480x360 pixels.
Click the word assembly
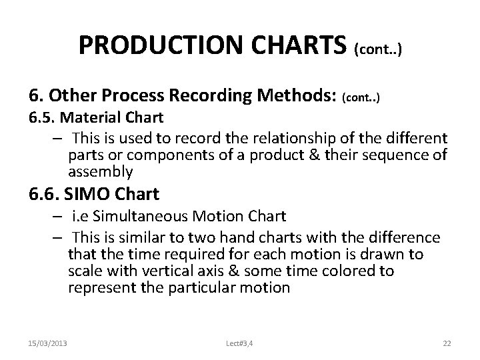(100, 172)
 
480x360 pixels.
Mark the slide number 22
(447, 343)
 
